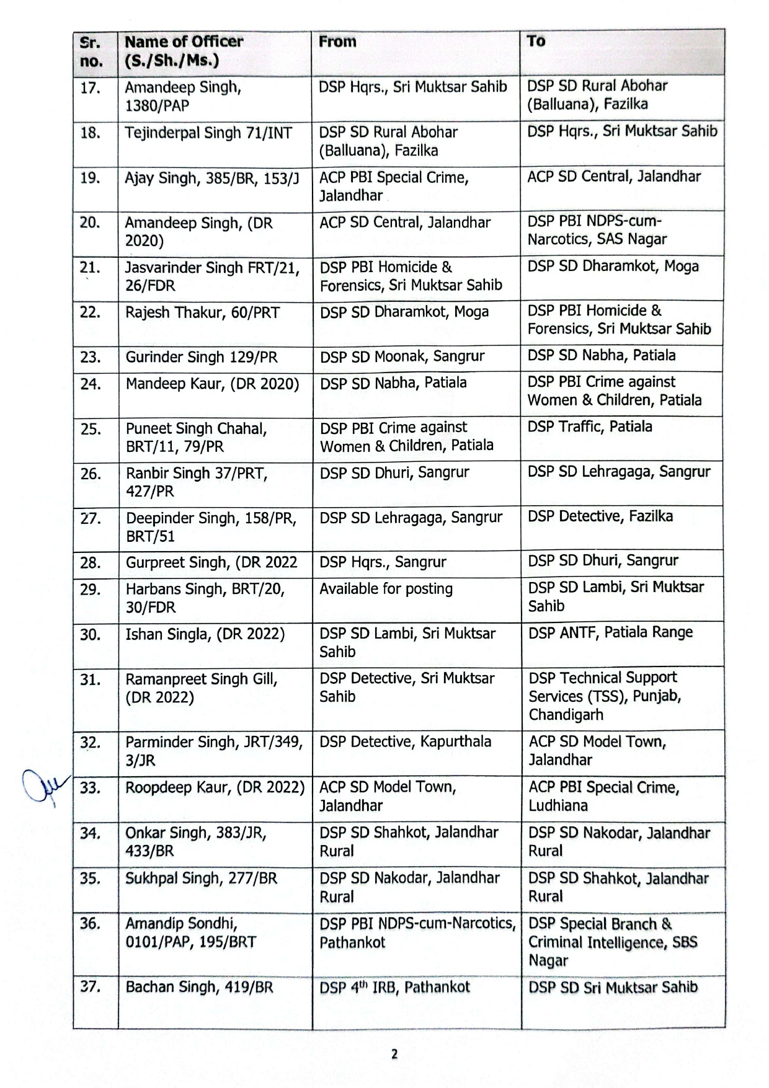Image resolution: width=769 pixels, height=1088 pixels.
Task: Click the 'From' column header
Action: (337, 42)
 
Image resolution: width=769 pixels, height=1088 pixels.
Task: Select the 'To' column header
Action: (536, 42)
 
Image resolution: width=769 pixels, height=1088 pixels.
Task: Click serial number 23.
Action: (91, 357)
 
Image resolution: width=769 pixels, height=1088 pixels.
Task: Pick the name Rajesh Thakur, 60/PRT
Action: (203, 312)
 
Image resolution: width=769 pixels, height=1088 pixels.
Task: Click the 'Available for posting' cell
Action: (386, 589)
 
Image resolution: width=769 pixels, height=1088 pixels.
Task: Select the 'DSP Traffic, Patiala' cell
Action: (590, 427)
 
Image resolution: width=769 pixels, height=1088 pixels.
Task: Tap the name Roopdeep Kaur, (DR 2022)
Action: (215, 787)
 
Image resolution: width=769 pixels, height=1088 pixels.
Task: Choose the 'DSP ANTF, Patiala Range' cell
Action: (610, 632)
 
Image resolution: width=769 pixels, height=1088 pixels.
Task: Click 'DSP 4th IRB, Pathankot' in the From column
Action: (394, 987)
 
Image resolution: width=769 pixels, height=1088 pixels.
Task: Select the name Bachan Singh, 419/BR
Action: (199, 987)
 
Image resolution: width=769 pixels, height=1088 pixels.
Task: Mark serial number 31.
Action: (91, 679)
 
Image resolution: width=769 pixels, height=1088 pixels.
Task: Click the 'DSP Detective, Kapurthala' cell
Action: (405, 741)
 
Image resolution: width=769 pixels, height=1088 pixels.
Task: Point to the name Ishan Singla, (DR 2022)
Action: (205, 634)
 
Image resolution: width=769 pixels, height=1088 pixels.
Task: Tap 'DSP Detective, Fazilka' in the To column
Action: (600, 516)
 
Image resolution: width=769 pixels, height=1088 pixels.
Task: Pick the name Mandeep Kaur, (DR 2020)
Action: (212, 384)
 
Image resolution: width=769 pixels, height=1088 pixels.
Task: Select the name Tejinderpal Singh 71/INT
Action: (208, 133)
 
